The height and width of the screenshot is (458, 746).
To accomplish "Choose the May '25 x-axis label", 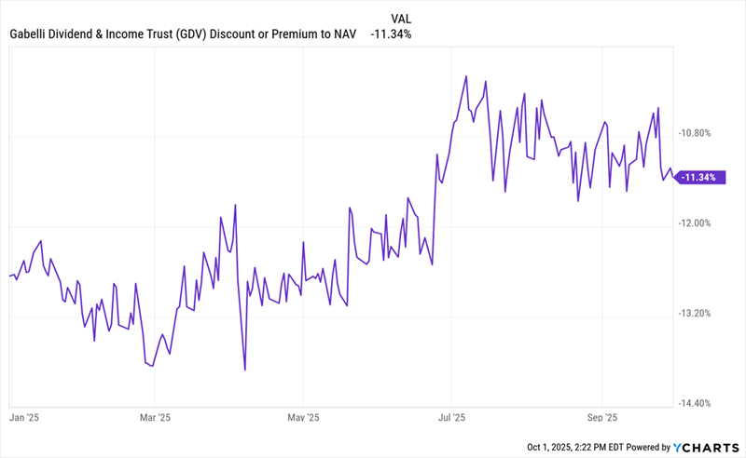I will (x=303, y=419).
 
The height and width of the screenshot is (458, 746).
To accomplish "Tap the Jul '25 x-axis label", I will (x=451, y=419).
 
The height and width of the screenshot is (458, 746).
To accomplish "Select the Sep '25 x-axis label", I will (x=602, y=419).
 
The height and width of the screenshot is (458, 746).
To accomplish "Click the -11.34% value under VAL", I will (x=391, y=34).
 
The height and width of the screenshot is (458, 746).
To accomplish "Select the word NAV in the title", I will (x=342, y=34).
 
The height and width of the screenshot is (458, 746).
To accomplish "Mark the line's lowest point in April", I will (x=244, y=370).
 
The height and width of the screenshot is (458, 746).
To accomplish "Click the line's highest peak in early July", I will (x=464, y=77).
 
